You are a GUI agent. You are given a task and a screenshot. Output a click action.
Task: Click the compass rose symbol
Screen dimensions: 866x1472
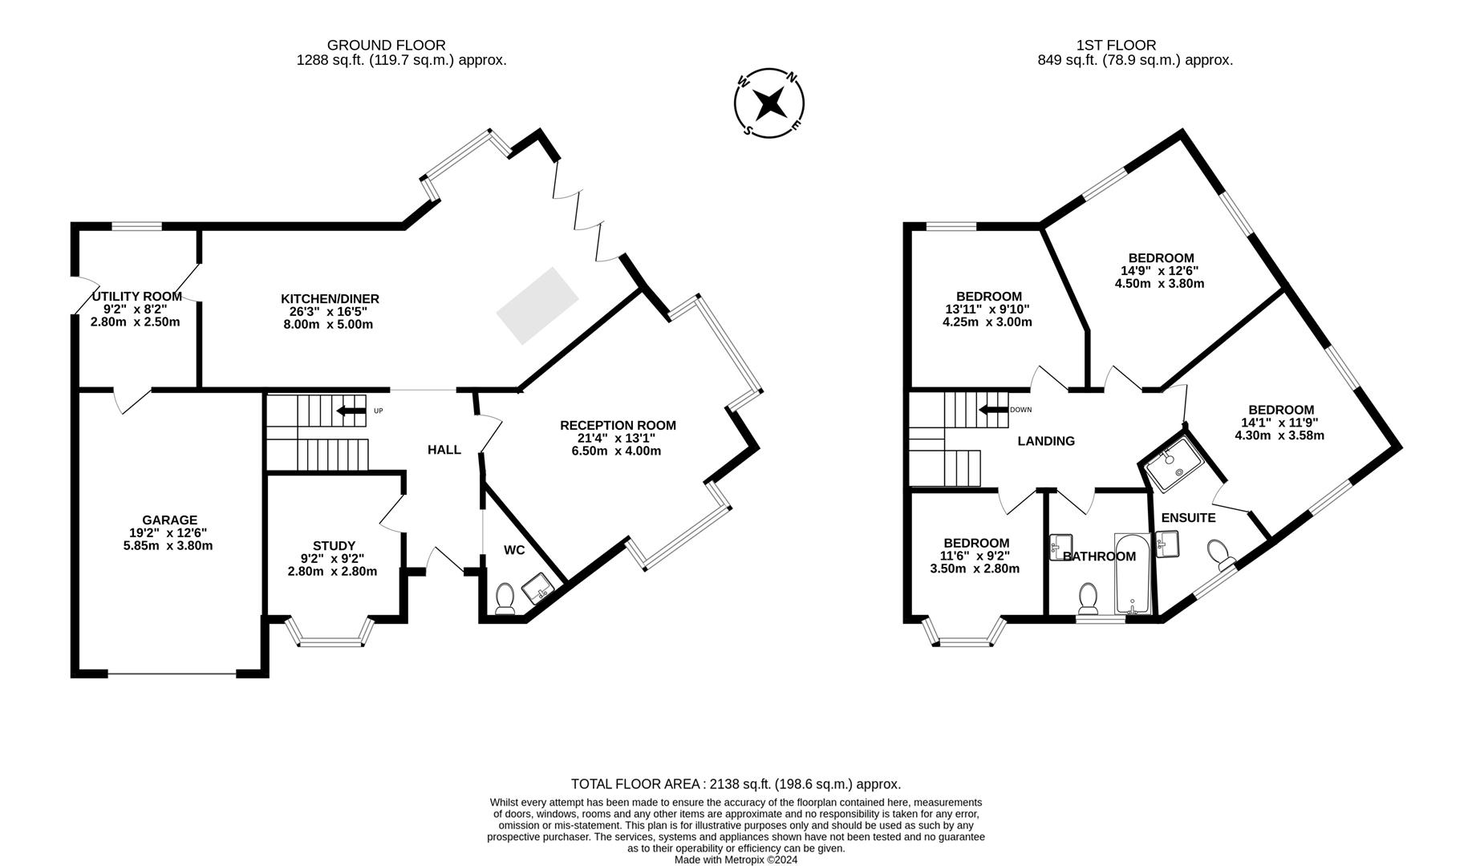[x=769, y=103]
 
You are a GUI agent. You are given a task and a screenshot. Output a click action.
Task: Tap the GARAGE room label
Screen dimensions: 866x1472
[x=169, y=520]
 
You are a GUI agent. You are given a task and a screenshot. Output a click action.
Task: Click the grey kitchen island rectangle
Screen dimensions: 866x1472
[x=537, y=306]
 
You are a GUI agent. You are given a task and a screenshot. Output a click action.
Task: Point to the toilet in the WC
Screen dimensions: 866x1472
[x=505, y=597]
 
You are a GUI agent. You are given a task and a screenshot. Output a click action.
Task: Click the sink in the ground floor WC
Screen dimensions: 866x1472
[x=538, y=589]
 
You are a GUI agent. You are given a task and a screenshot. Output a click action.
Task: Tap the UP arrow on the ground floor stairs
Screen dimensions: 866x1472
[x=351, y=411]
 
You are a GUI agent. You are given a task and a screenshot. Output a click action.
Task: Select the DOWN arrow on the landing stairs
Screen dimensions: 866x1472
[x=991, y=410]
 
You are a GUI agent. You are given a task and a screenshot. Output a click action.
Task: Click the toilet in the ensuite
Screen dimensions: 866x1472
[x=1219, y=553]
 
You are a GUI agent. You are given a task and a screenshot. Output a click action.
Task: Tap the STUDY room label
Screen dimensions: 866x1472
[x=334, y=546]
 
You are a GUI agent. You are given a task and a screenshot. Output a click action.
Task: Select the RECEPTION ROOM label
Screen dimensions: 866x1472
[x=618, y=425]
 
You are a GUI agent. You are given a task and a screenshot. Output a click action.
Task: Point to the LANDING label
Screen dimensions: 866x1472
[x=1046, y=441]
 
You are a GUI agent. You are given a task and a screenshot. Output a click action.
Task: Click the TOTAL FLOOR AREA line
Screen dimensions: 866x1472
[x=736, y=784]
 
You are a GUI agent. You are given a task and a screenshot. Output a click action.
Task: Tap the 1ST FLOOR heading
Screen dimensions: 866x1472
[x=1116, y=45]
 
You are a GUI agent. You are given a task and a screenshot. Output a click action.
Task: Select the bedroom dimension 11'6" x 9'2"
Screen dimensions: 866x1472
[x=975, y=556]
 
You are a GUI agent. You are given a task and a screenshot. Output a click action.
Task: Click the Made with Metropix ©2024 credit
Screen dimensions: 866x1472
[x=736, y=860]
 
